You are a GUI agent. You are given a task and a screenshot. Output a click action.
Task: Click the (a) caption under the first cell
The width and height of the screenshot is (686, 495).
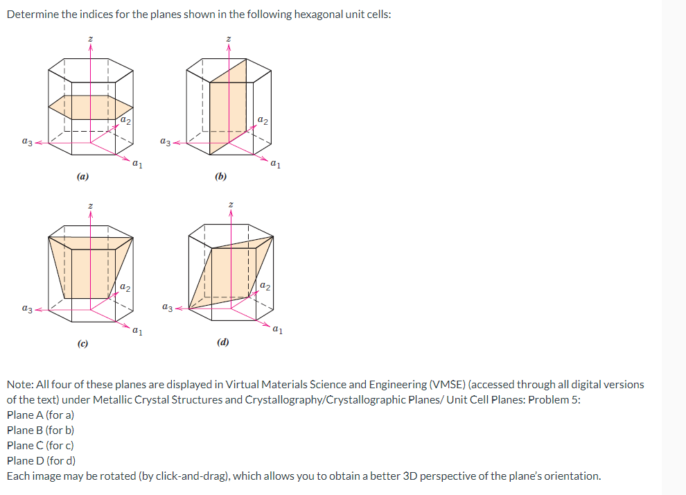[82, 177]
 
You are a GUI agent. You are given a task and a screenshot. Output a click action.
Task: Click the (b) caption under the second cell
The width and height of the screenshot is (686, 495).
[220, 177]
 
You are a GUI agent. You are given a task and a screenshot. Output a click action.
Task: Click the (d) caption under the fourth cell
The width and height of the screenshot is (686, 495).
[222, 342]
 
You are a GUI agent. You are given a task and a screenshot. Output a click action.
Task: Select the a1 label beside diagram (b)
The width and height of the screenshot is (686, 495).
[276, 164]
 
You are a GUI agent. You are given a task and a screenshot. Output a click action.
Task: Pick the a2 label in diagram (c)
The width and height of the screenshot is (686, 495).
[124, 286]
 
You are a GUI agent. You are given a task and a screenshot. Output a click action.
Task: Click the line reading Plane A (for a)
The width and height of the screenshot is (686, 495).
[40, 415]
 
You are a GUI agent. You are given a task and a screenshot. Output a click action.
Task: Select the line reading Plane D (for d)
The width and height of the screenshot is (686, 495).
[41, 460]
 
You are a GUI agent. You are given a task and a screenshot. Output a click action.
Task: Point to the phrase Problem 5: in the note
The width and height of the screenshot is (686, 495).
[554, 400]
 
